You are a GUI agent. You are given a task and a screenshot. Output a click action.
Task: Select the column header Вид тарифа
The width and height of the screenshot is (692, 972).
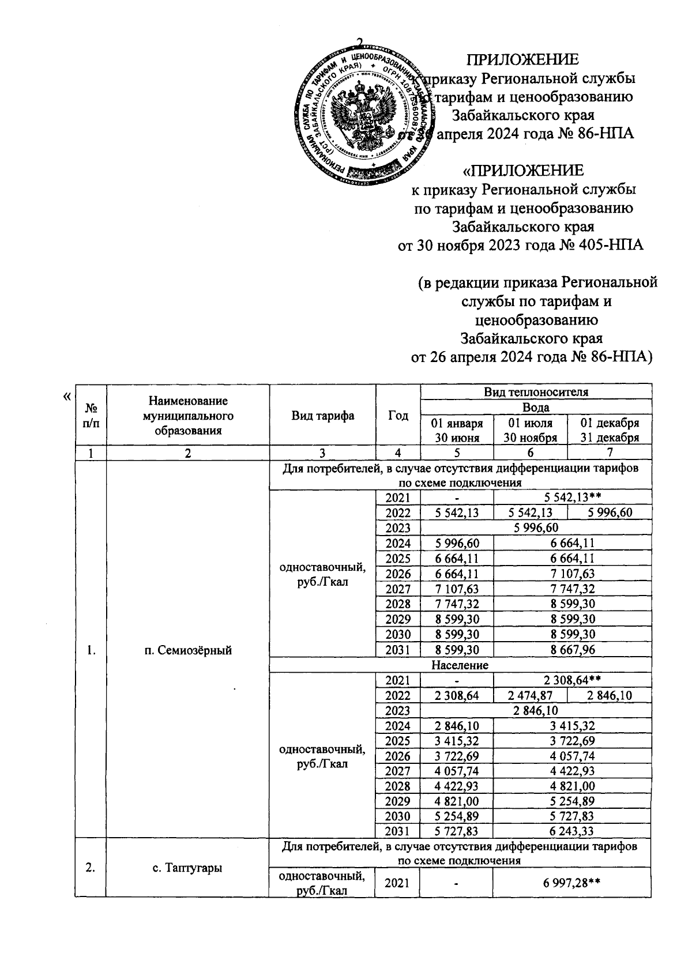pos(322,416)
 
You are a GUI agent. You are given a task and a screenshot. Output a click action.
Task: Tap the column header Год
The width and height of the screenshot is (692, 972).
pos(398,416)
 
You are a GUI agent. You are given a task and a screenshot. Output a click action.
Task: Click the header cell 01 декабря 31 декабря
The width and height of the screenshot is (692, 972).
pos(609,430)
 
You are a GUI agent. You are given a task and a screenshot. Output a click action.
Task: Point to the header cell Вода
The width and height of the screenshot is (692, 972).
pos(536,407)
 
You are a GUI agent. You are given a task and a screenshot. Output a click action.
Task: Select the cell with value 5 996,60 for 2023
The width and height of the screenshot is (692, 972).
pos(536,528)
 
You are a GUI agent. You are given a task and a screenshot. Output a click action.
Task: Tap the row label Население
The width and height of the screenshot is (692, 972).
pos(460,665)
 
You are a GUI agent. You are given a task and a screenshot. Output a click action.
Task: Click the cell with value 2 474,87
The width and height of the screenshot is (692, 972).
pos(530,695)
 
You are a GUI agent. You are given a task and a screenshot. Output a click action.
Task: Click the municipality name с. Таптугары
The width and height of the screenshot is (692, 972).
pos(188,867)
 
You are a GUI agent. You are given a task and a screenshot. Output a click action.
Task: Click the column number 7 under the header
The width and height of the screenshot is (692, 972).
pos(610,453)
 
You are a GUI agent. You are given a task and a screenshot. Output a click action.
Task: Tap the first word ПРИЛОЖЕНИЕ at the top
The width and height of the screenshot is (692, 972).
pos(522,60)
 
